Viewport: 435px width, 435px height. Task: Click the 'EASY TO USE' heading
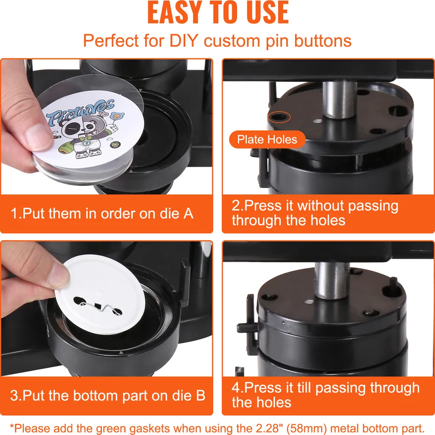click(x=218, y=12)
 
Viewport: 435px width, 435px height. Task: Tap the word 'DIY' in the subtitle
click(x=184, y=41)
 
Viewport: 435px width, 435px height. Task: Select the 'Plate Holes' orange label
click(x=267, y=139)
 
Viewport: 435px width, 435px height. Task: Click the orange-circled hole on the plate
click(x=279, y=117)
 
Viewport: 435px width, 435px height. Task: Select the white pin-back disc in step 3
click(x=100, y=294)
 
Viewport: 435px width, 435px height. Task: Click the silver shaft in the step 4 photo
click(x=332, y=281)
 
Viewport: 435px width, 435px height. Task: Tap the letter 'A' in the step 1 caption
click(x=188, y=214)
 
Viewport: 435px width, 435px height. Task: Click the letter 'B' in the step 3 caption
click(x=201, y=395)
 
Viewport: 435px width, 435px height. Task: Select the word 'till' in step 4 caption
click(x=304, y=388)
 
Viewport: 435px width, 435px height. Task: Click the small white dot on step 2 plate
click(x=318, y=121)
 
